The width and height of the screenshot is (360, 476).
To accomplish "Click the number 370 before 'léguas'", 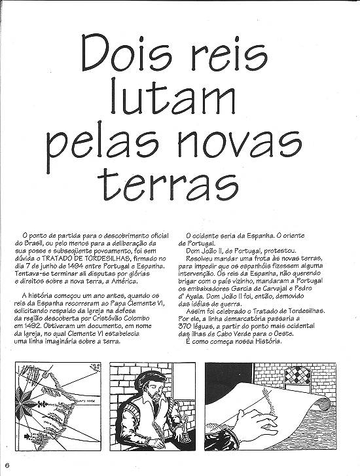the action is tap(196, 325).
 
